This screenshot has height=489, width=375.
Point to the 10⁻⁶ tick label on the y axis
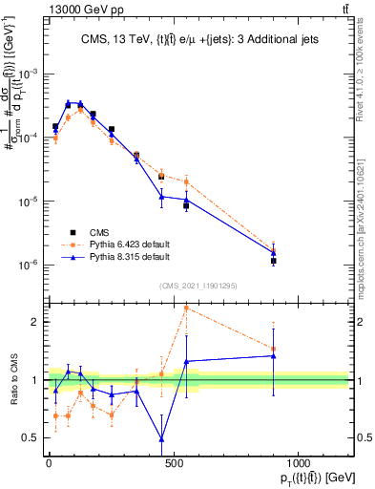30,266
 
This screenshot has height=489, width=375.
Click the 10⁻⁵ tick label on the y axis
30,202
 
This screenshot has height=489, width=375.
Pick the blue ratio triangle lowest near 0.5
161,439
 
